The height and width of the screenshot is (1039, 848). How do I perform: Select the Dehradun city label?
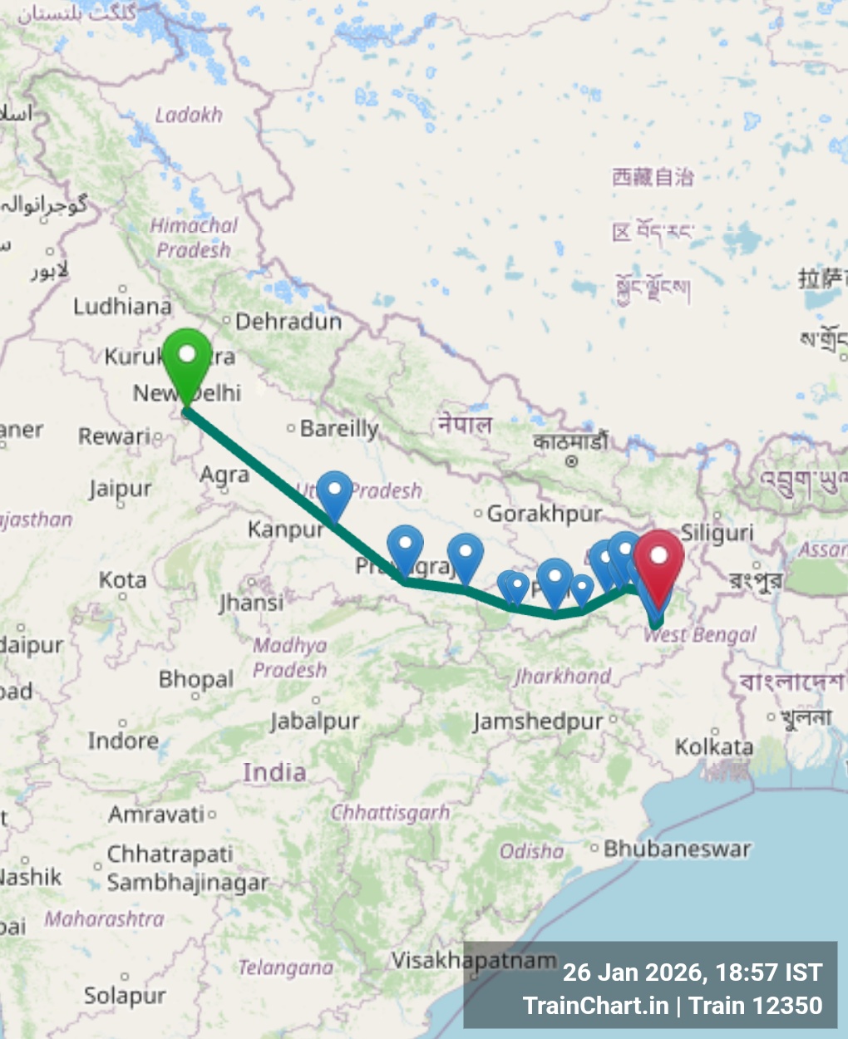[288, 321]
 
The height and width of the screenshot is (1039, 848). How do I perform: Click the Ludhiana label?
[122, 307]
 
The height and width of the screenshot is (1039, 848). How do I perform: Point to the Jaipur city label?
[121, 489]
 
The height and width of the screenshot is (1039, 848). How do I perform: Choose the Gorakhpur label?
[544, 514]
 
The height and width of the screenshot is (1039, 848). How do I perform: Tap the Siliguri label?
[717, 533]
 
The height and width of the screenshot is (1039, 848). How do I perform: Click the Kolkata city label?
[714, 746]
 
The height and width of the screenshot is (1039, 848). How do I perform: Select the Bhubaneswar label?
[677, 849]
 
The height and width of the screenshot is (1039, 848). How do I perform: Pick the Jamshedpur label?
[538, 721]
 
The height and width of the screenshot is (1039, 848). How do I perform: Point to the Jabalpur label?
[314, 721]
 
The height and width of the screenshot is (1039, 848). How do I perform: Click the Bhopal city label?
[196, 679]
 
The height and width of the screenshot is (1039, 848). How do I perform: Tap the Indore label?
[123, 740]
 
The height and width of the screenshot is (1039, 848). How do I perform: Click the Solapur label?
[125, 995]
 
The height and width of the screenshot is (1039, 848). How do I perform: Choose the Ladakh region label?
[189, 115]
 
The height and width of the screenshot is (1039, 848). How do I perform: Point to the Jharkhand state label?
[563, 676]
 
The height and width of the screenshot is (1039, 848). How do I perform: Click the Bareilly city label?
[339, 428]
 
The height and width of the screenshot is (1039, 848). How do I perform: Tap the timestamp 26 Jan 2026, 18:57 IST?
[692, 972]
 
